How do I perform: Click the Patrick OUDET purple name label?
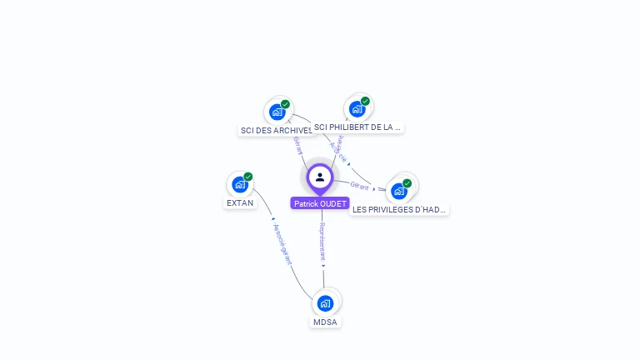coord(320,203)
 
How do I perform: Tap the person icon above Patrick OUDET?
coord(320,177)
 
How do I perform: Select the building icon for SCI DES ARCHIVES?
coord(277,112)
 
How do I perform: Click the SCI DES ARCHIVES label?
coord(276,130)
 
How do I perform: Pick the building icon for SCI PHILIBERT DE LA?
coord(357,108)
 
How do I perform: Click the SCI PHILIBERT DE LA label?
coord(357,127)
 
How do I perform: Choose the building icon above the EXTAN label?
coord(240,184)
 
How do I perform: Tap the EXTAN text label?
coord(240,202)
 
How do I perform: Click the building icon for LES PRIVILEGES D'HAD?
coord(399,191)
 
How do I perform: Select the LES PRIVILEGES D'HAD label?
coord(399,209)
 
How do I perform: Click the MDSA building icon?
coord(325,302)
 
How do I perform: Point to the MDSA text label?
coord(325,322)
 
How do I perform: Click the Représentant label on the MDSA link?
coord(322,242)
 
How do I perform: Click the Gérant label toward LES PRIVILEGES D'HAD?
coord(359,186)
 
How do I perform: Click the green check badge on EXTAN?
coord(248,177)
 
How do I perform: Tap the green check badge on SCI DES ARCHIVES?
coord(285,104)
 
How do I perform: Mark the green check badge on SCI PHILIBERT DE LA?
coord(365,101)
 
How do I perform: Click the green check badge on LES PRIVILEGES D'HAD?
coord(407,183)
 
